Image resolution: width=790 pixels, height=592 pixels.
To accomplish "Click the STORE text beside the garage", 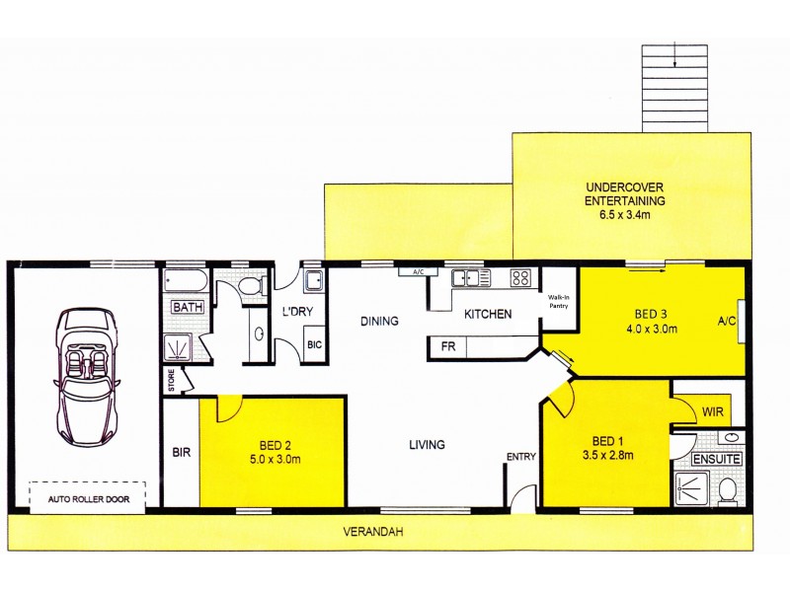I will (171, 380).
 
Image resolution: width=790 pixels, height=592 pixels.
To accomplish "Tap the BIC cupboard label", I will (314, 346).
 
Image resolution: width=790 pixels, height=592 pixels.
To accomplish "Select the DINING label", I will (379, 321).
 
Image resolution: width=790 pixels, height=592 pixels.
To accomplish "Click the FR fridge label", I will (448, 347).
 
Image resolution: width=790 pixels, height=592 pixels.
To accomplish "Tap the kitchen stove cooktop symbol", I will (520, 277).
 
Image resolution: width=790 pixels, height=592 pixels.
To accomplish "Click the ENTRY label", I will (519, 456).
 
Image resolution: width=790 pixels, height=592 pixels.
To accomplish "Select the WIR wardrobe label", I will (714, 410).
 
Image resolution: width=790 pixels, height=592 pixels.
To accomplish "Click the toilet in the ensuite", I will (727, 489).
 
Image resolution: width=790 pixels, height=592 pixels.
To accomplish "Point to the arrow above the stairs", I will (675, 57).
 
